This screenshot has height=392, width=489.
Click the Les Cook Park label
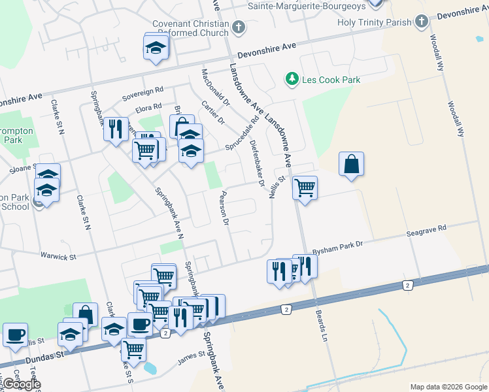(x=331, y=80)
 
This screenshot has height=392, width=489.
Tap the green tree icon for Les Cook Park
(x=292, y=80)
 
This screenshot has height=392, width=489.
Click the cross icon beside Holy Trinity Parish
(x=421, y=22)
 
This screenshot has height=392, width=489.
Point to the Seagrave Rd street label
(x=425, y=229)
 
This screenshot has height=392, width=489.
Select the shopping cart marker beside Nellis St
(x=305, y=188)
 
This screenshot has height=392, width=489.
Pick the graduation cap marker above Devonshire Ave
(x=156, y=48)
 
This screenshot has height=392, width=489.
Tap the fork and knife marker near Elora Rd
(x=116, y=129)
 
